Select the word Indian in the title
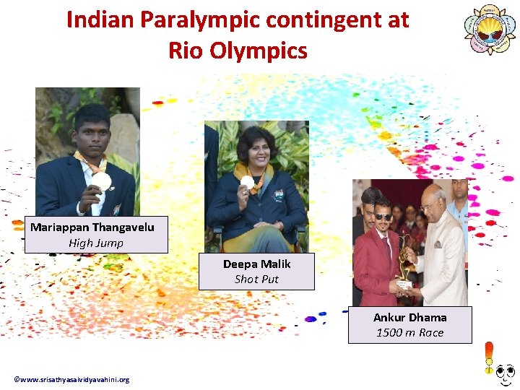100,20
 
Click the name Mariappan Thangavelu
92,227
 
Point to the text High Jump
96,243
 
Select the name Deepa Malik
256,264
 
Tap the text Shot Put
256,279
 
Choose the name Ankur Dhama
409,317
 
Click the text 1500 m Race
409,332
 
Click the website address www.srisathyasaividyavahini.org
71,380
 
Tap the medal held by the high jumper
103,181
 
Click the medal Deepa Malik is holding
247,181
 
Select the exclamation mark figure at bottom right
489,359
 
